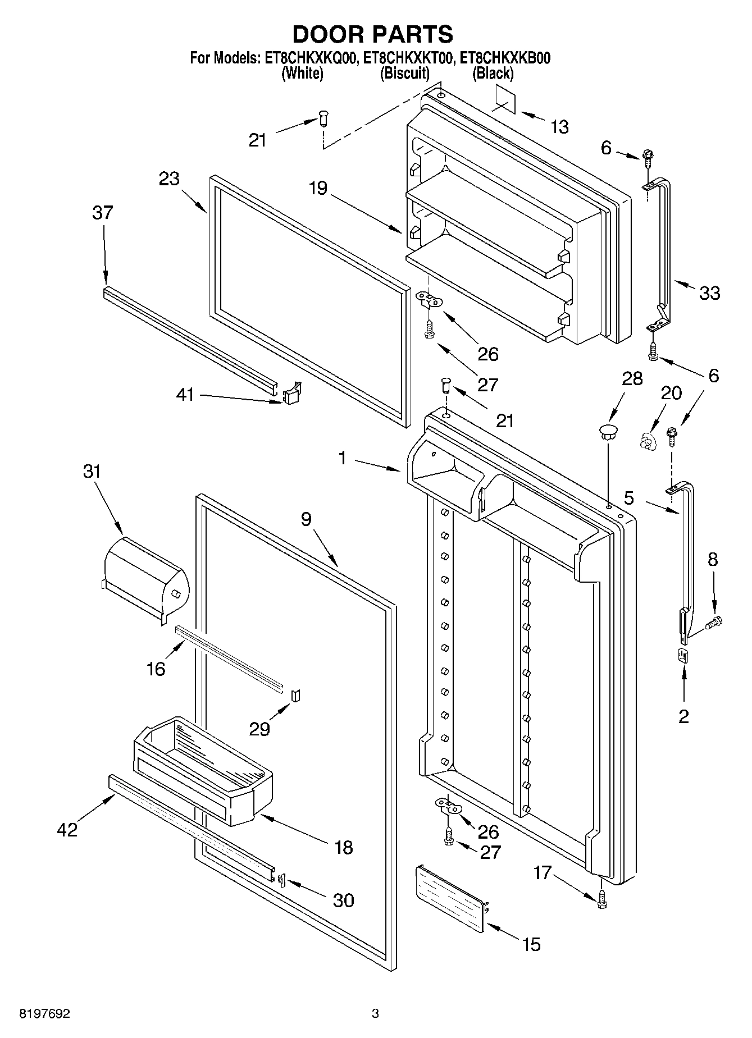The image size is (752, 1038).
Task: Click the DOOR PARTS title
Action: pos(373,34)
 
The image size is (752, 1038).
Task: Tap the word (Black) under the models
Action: pos(493,73)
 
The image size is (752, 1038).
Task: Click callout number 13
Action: pos(560,127)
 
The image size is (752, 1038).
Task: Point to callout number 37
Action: pos(103,213)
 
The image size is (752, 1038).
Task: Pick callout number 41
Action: pos(185,395)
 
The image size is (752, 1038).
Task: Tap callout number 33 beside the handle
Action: pos(710,292)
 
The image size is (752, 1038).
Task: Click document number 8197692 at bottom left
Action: pos(45,1014)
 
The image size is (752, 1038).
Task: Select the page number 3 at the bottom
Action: pos(375,1014)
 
